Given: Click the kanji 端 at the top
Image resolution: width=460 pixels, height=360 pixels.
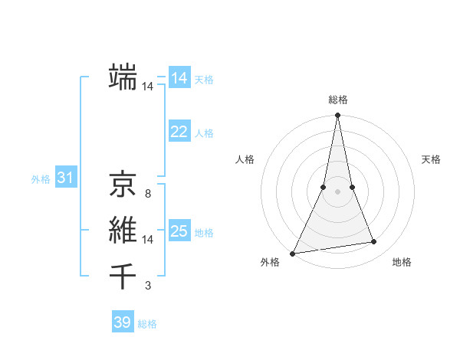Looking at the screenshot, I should coord(123,77).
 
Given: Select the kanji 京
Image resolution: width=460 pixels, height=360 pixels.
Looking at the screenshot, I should coord(123,184).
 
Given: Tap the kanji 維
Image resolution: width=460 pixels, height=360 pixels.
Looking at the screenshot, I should coord(123,229).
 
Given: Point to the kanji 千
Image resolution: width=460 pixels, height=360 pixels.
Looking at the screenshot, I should coord(123,275).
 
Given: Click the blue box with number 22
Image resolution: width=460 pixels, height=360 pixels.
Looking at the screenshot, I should coord(179,132).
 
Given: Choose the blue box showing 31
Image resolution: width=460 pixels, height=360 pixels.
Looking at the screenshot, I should coord(65,178).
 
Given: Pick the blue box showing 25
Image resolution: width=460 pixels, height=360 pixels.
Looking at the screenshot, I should coord(179,231).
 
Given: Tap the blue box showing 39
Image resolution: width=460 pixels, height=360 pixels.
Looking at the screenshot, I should coord(123,322).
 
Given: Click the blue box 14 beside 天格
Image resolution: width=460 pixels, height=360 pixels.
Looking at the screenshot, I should coord(179,78).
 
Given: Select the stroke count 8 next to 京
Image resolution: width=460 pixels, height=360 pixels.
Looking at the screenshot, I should coord(148,195).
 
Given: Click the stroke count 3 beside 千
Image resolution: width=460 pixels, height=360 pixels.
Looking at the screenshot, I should coord(148,286).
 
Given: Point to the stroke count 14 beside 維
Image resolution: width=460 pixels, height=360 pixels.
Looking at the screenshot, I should coord(148,240).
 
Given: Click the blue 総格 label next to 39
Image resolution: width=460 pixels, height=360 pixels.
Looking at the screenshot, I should coord(147,324).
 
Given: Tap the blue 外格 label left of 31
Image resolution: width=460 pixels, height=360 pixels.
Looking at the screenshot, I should coord(41,179).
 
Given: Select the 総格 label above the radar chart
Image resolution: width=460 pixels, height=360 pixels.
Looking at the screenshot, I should coord(338,100).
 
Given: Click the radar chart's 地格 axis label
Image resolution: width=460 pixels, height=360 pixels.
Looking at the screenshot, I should coord(402,262).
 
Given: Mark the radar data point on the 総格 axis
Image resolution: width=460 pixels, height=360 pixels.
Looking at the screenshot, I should coord(338,116).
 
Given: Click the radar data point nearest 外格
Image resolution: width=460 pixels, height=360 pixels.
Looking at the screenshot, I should coord(292,254).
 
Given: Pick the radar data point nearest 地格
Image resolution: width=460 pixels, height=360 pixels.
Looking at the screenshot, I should coord(374,242).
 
